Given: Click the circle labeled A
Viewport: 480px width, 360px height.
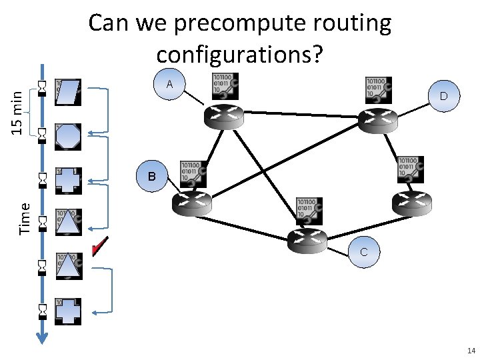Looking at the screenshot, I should click(169, 85).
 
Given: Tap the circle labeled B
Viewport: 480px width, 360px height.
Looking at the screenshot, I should click(152, 177).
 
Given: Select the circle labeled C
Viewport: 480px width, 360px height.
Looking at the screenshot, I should click(363, 253).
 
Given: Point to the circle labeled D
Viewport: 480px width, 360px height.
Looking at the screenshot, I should click(443, 97).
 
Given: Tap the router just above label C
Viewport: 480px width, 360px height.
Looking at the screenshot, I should click(308, 238).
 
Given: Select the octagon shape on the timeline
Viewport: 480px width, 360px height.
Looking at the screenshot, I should click(68, 136).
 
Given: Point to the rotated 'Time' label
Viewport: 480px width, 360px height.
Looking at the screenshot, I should click(25, 218).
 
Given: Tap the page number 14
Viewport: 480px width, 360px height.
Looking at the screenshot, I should click(471, 351).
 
